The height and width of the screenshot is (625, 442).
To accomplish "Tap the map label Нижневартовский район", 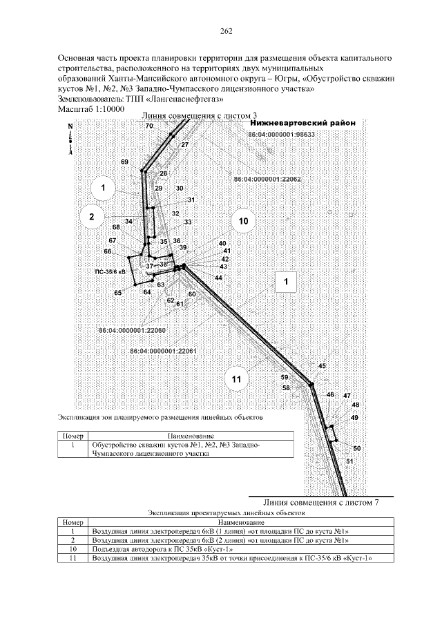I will coord(302,123).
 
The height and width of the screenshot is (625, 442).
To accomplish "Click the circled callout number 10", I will coord(242,221).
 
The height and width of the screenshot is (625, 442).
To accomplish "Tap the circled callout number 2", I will coord(91,216).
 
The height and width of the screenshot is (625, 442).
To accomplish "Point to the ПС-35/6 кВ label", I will coord(110,272).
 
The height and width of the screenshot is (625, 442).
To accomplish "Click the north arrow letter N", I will coord(70,127).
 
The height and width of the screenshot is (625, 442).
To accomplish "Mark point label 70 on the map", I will coord(149,126).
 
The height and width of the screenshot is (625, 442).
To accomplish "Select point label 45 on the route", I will coord(321,365).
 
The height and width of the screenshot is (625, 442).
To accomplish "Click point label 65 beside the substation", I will coord(118,293).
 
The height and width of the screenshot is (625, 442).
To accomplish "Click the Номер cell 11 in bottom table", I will coord(72,557).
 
